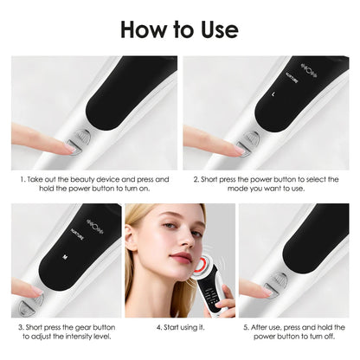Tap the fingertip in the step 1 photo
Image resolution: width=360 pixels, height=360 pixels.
pos(65,147)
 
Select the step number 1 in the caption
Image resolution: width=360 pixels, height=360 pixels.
pos(22,179)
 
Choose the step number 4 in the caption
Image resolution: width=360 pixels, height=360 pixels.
pos(157,328)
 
